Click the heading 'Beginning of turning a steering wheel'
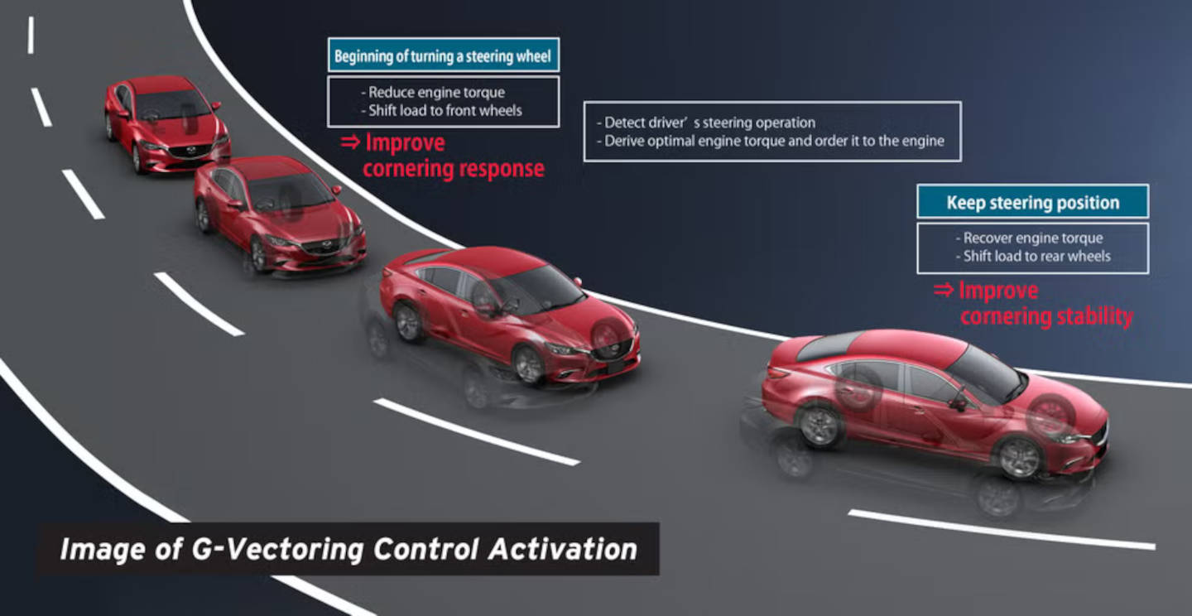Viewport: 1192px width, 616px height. pyautogui.click(x=443, y=55)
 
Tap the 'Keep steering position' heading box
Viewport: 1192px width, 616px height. pyautogui.click(x=1032, y=202)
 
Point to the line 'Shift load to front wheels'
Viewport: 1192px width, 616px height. pyautogui.click(x=441, y=110)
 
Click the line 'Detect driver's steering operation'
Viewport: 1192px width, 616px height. pyautogui.click(x=705, y=123)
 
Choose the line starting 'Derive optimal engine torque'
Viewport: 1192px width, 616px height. pyautogui.click(x=770, y=141)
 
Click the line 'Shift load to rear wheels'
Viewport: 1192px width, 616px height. pyautogui.click(x=1033, y=256)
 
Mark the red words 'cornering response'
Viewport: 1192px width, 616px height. pyautogui.click(x=454, y=169)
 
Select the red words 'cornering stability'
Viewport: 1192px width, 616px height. pyautogui.click(x=1046, y=316)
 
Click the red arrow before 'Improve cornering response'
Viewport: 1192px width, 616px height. pyautogui.click(x=350, y=142)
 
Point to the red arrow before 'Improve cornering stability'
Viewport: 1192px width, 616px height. pyautogui.click(x=944, y=290)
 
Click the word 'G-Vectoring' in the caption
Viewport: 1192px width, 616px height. pyautogui.click(x=276, y=550)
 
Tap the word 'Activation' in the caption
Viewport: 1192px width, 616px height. pyautogui.click(x=563, y=549)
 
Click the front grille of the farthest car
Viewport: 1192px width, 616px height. pyautogui.click(x=190, y=151)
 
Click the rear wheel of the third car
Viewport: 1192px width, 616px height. pyautogui.click(x=408, y=323)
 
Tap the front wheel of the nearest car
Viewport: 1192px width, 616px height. pyautogui.click(x=1019, y=458)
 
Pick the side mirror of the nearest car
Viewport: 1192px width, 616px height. pyautogui.click(x=958, y=402)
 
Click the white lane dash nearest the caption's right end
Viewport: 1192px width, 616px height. pyautogui.click(x=1001, y=530)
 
